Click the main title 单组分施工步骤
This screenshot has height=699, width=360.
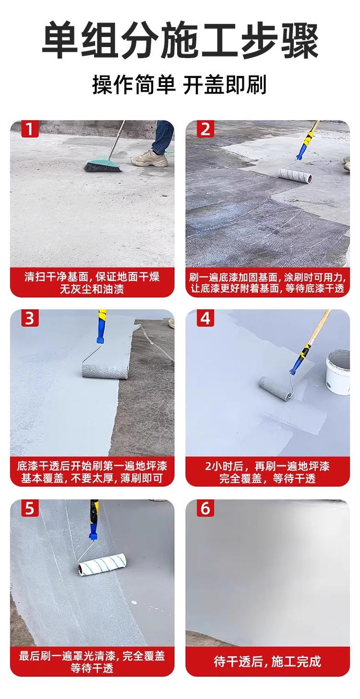pyautogui.click(x=180, y=41)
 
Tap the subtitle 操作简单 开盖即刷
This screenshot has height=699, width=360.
pyautogui.click(x=180, y=85)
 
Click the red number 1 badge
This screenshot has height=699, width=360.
pyautogui.click(x=30, y=129)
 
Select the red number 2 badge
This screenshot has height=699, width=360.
pyautogui.click(x=205, y=129)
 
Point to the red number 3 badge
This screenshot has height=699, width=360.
pyautogui.click(x=30, y=319)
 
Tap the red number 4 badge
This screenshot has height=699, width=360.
pyautogui.click(x=205, y=319)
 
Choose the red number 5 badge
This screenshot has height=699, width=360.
pyautogui.click(x=30, y=508)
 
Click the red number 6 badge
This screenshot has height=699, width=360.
pyautogui.click(x=205, y=508)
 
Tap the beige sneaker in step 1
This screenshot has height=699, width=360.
pyautogui.click(x=150, y=158)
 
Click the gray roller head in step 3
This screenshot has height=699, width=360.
pyautogui.click(x=105, y=372)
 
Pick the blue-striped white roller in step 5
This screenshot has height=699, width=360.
pyautogui.click(x=102, y=565)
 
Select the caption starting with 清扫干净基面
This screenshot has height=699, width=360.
pyautogui.click(x=92, y=283)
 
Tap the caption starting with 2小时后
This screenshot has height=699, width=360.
pyautogui.click(x=267, y=472)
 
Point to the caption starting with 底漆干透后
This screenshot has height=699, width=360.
pyautogui.click(x=92, y=472)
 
